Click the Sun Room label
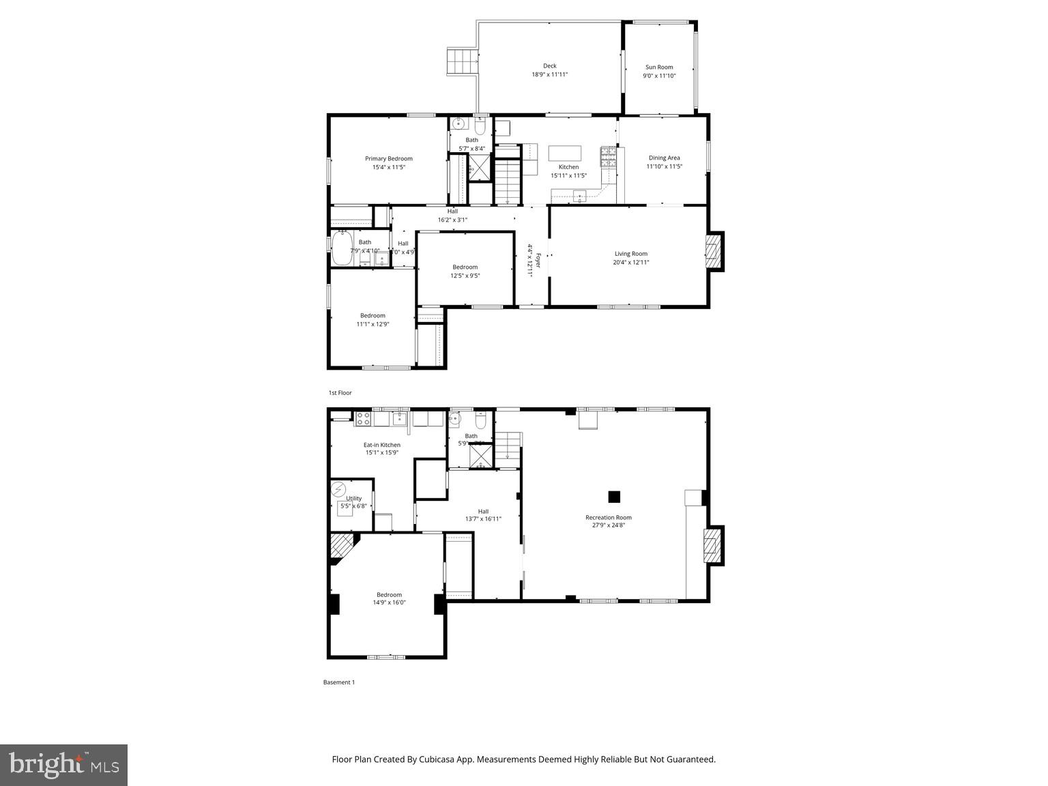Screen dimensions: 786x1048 (x=659, y=67)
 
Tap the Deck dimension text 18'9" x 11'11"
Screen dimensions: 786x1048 (x=550, y=74)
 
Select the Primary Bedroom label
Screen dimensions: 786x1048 (x=389, y=158)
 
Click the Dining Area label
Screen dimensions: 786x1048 (x=664, y=158)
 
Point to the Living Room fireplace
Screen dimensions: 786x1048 (x=714, y=251)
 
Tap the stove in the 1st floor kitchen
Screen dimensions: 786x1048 (x=608, y=157)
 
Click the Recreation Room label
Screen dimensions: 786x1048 (x=609, y=517)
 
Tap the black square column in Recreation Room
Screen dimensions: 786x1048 (x=615, y=497)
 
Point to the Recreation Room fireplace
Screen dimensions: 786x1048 (x=713, y=544)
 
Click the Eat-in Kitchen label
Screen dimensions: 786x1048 (x=381, y=445)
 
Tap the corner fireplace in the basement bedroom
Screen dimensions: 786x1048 (x=343, y=547)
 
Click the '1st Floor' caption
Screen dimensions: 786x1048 (x=340, y=393)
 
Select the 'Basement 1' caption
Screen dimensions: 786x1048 (x=338, y=682)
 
